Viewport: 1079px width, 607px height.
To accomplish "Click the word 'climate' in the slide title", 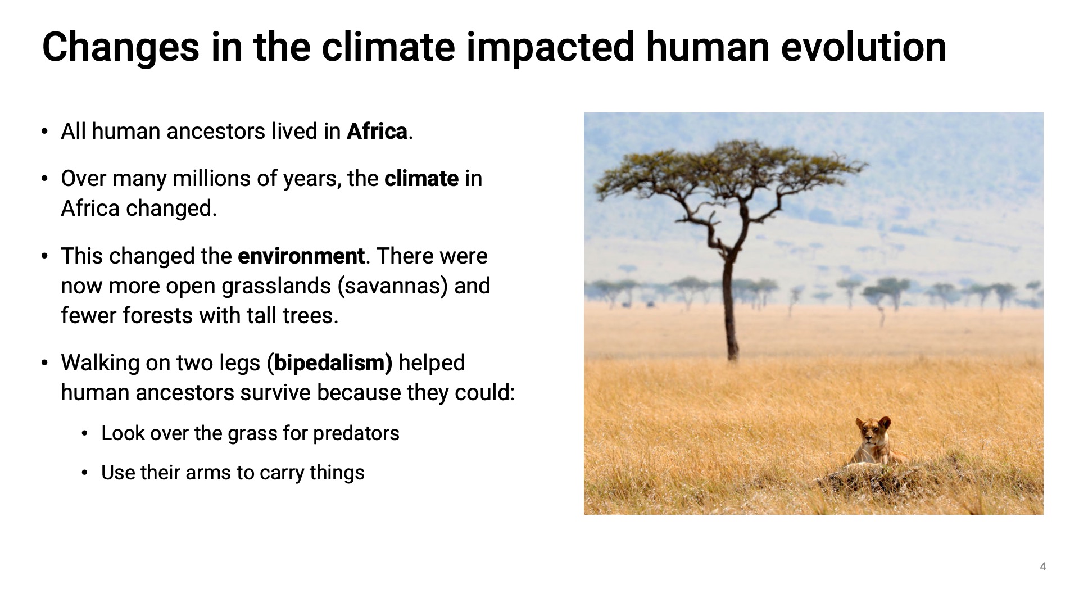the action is click(388, 47).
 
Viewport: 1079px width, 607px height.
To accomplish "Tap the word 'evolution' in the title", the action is click(864, 47).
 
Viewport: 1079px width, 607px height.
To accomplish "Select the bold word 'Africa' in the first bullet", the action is click(377, 132).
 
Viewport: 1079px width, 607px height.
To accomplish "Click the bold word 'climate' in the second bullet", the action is click(421, 179).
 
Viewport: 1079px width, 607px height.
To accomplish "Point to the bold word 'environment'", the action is click(301, 256).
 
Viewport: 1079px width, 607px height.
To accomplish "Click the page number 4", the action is click(1043, 567).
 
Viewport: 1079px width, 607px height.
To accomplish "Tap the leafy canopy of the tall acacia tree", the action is click(731, 169).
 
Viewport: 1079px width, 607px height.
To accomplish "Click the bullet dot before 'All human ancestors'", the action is click(45, 132).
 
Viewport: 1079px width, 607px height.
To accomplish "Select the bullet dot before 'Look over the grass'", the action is click(85, 434).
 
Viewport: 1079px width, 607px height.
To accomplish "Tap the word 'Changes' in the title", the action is click(121, 48).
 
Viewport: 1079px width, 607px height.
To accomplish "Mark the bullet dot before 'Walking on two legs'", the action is click(45, 364).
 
